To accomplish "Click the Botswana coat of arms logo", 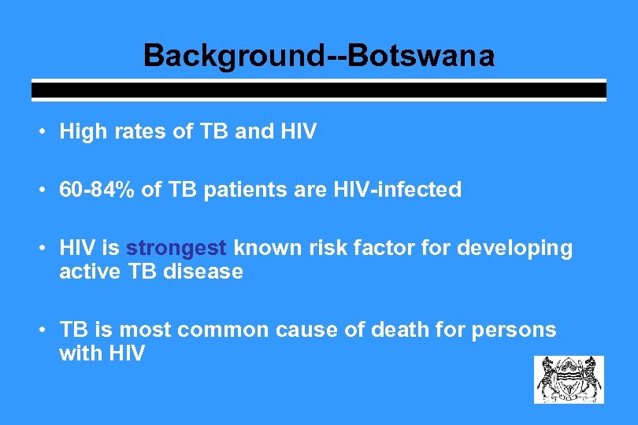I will pyautogui.click(x=569, y=379).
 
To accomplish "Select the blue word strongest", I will pyautogui.click(x=176, y=249).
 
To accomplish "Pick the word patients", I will pyautogui.click(x=245, y=190).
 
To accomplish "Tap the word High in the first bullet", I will pyautogui.click(x=83, y=132).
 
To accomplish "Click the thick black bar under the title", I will pyautogui.click(x=318, y=91).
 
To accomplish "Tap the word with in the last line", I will pyautogui.click(x=80, y=354).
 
